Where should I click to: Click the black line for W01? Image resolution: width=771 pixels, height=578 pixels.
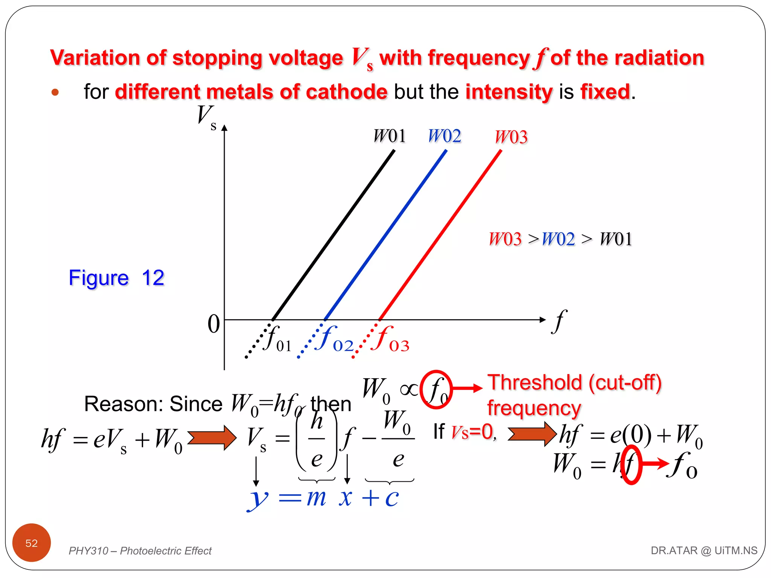coord(333,235)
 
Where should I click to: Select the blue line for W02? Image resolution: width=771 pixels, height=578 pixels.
coord(385,235)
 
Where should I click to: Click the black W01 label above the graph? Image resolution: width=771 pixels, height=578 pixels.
coord(389,136)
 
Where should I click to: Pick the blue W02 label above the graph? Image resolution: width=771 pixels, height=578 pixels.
coord(444,136)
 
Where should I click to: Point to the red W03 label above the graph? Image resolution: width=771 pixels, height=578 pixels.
coord(511,137)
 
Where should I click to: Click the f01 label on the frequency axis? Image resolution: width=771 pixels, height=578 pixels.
coord(278,339)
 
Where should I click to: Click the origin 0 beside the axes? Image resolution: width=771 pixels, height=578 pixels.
coord(213,324)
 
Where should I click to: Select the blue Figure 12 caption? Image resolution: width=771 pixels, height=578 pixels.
coord(116,278)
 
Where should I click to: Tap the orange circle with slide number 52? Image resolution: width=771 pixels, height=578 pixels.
coord(32,543)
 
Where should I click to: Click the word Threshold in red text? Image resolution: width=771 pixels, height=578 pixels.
coord(535,383)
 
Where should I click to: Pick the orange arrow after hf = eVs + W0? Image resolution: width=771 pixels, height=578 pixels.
coord(212,438)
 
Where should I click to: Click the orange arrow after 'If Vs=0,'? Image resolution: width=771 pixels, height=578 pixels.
coord(532,434)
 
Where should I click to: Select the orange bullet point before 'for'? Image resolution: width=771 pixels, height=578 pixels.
coord(55,92)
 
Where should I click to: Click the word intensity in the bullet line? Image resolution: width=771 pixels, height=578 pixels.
coord(509,92)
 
